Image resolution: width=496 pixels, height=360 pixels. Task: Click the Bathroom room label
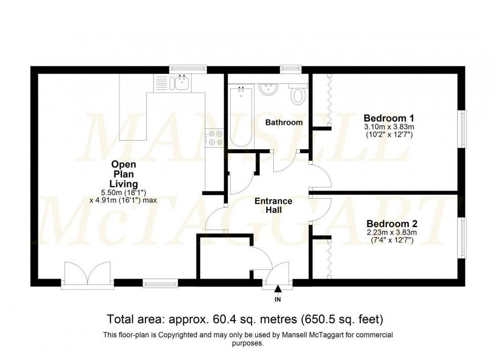(284, 122)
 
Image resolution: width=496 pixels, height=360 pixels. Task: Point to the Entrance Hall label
(273, 205)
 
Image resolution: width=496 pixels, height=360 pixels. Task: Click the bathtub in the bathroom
(240, 117)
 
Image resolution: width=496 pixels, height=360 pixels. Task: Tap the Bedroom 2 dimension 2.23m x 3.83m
(392, 233)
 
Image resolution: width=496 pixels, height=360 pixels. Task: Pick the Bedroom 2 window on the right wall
(462, 237)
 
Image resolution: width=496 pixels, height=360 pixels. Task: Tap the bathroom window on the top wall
(291, 69)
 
